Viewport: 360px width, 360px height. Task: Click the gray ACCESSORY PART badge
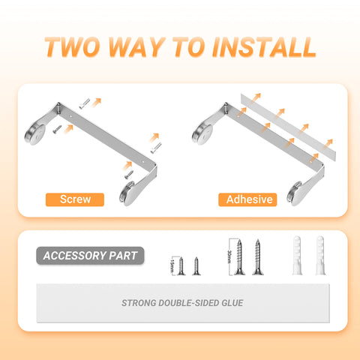(x=89, y=256)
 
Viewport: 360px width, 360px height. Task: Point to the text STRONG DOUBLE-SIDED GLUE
(x=182, y=304)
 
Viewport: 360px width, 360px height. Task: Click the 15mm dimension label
(x=171, y=265)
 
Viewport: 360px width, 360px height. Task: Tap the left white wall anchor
(x=295, y=256)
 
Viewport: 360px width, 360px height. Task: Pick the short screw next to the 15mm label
(x=181, y=265)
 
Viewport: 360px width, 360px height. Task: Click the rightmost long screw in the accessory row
(x=257, y=257)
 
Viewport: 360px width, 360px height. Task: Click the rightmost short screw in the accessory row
(x=196, y=265)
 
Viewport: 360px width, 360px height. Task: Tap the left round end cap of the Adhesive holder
(x=202, y=131)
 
